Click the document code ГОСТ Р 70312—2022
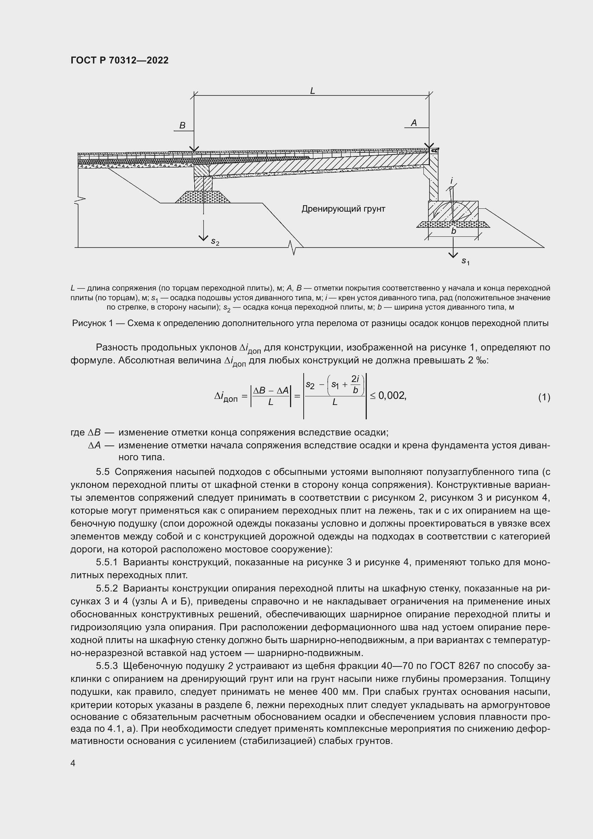pyautogui.click(x=119, y=60)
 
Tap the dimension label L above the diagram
pyautogui.click(x=313, y=91)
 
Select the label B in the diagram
pyautogui.click(x=182, y=126)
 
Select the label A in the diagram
pyautogui.click(x=414, y=123)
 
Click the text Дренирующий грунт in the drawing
pyautogui.click(x=343, y=209)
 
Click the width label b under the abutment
pyautogui.click(x=454, y=231)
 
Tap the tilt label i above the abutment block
pyautogui.click(x=452, y=180)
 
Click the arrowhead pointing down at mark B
pyautogui.click(x=194, y=149)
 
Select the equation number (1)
pyautogui.click(x=544, y=397)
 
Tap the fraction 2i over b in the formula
pyautogui.click(x=355, y=385)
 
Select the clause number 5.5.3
pyautogui.click(x=107, y=666)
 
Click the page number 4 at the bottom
pyautogui.click(x=73, y=763)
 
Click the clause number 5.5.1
pyautogui.click(x=107, y=562)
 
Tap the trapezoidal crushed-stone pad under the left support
pyautogui.click(x=203, y=198)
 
